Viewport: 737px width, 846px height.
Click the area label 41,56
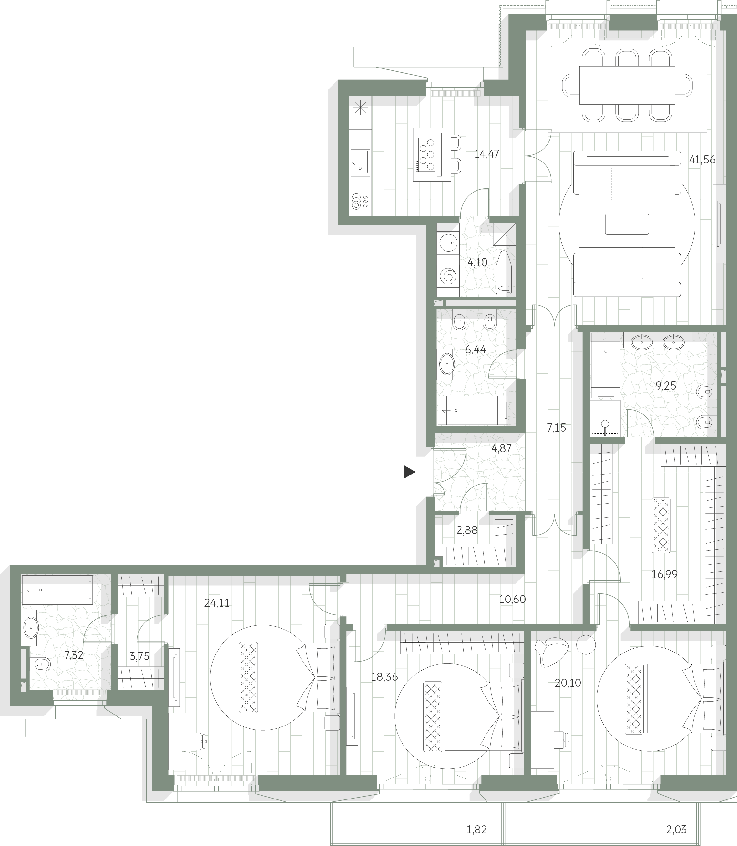[702, 160]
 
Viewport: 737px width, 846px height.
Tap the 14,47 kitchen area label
[486, 154]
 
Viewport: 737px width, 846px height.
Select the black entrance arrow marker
[410, 472]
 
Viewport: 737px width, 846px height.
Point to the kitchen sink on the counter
[360, 162]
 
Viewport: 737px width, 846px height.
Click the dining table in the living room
[627, 86]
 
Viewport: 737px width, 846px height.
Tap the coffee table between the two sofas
[627, 224]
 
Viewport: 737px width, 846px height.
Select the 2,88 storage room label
[467, 530]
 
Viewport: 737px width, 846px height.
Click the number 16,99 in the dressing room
[665, 574]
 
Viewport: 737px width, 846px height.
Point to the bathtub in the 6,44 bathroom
[473, 410]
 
